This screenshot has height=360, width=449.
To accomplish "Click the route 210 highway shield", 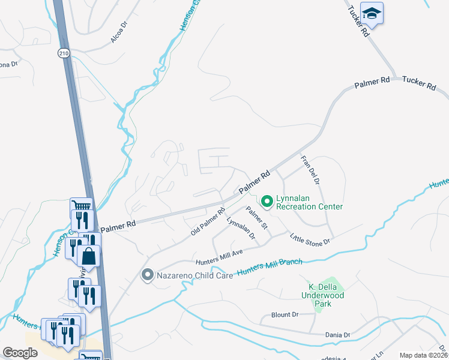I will pyautogui.click(x=64, y=53).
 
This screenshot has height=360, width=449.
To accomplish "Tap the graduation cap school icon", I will pyautogui.click(x=372, y=13).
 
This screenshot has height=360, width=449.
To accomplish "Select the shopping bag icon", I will pyautogui.click(x=89, y=256).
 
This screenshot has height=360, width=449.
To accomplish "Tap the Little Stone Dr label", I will pyautogui.click(x=310, y=239).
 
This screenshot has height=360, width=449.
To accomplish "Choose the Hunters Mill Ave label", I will pyautogui.click(x=218, y=258).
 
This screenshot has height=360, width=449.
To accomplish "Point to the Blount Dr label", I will pyautogui.click(x=285, y=314).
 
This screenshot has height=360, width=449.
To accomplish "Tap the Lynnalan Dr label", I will pyautogui.click(x=241, y=229).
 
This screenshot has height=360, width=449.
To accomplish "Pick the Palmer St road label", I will pyautogui.click(x=257, y=220).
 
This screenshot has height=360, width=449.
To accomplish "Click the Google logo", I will pyautogui.click(x=20, y=353).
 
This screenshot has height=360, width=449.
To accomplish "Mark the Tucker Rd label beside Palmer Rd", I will pyautogui.click(x=418, y=83).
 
